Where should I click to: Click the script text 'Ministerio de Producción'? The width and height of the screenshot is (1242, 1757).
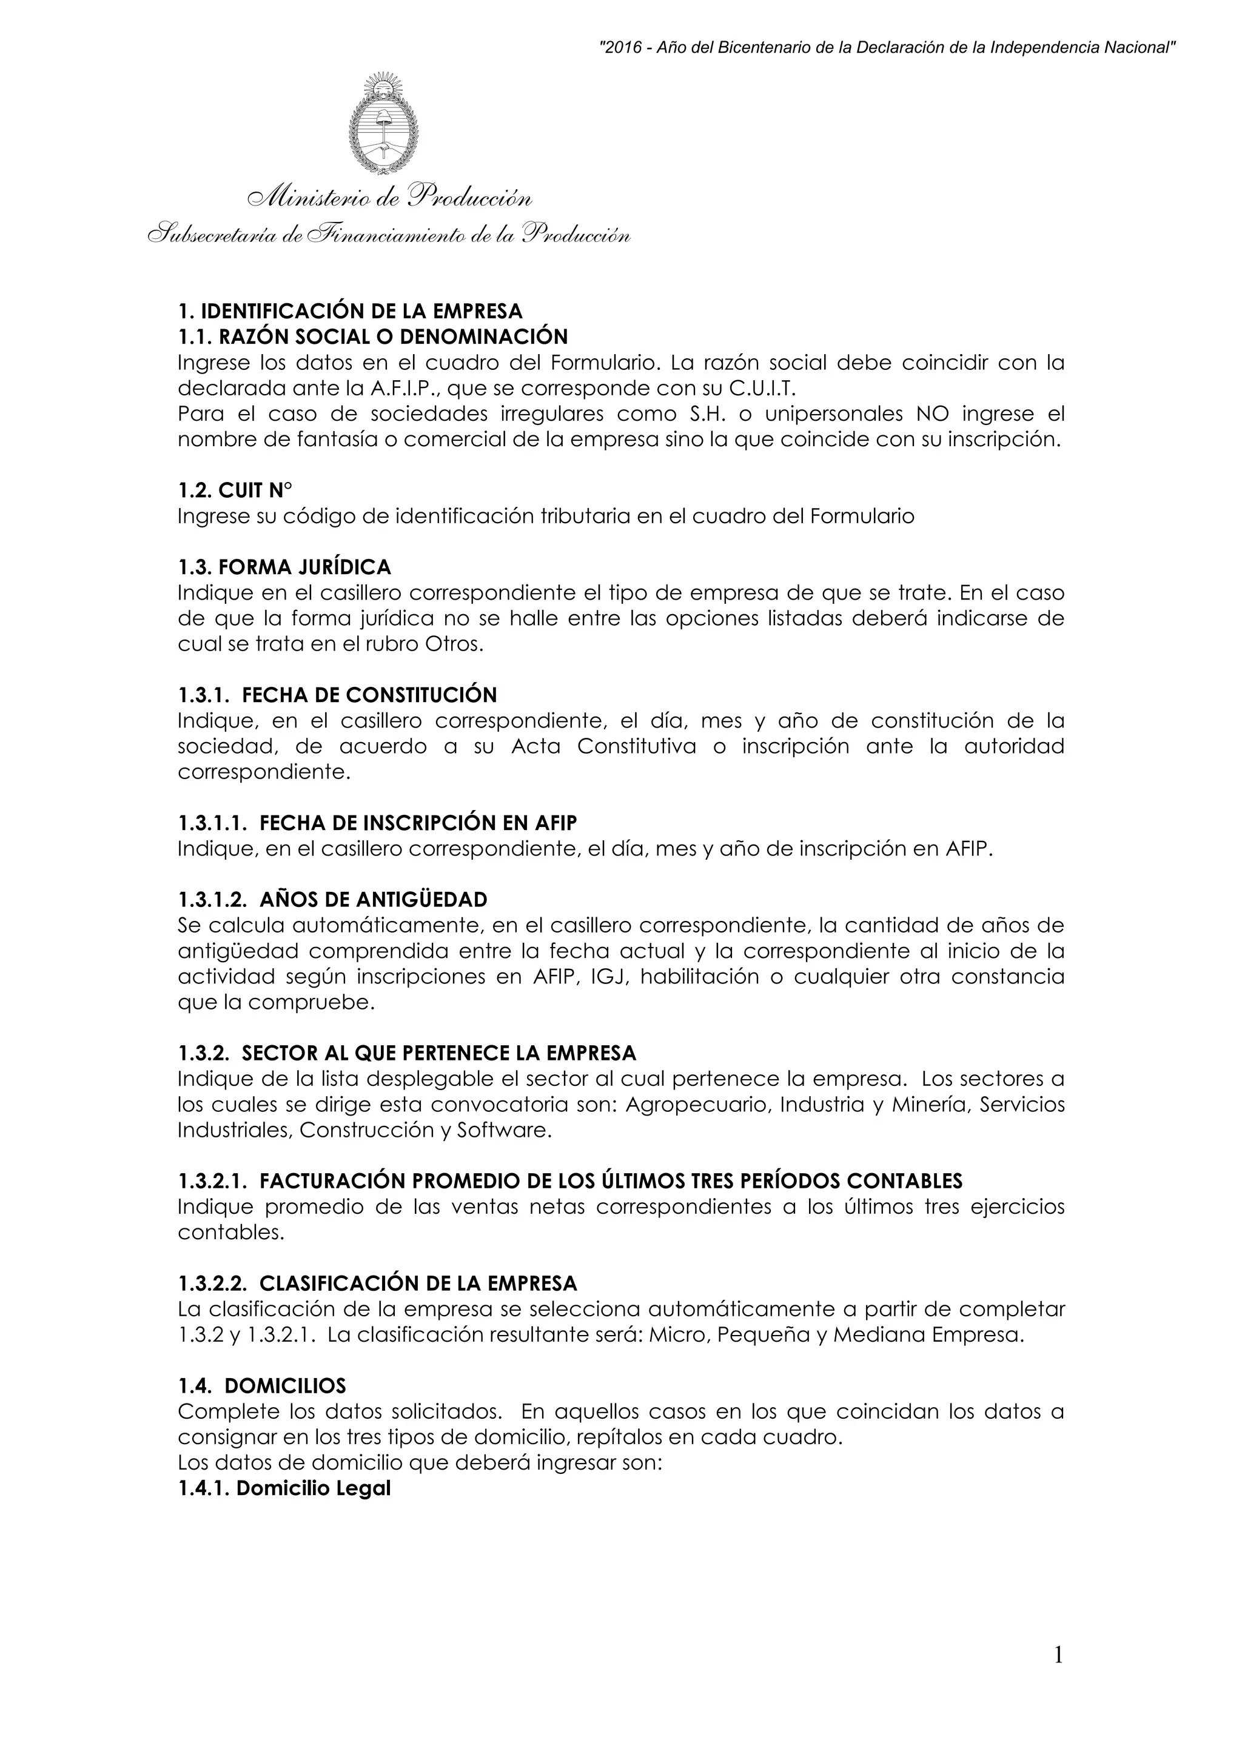point(389,198)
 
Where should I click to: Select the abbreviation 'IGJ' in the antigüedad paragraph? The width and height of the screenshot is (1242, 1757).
point(610,977)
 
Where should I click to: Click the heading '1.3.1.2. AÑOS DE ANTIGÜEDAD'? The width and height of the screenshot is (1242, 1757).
point(332,899)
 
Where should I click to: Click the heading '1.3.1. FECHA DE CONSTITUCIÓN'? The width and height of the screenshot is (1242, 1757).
point(337,695)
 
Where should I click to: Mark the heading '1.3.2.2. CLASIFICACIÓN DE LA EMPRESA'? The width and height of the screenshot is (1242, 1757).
point(377,1283)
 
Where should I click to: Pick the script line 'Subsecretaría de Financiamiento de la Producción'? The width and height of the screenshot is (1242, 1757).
point(389,234)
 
